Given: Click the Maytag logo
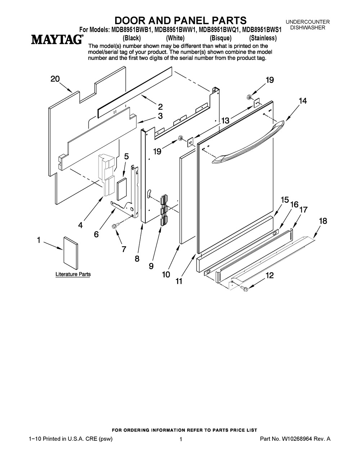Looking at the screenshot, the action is click(x=57, y=39).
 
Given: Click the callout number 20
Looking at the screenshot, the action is click(x=55, y=79).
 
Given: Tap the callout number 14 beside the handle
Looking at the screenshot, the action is click(x=302, y=100).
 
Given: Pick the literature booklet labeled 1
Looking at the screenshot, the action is click(x=71, y=253).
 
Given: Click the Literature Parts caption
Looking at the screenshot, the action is click(x=73, y=274).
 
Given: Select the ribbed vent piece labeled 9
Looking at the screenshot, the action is click(x=164, y=210).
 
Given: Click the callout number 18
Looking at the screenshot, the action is click(x=323, y=221).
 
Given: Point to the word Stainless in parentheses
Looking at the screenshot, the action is click(x=263, y=38).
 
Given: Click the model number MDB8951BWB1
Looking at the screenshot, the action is click(x=130, y=30).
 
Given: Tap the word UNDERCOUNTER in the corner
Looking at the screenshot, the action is click(x=307, y=22).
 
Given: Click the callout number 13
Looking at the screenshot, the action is click(x=225, y=121).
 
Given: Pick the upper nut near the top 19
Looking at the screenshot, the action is click(x=249, y=97).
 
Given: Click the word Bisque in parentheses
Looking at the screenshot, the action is click(x=220, y=38).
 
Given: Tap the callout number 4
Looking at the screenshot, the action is click(x=80, y=225).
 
